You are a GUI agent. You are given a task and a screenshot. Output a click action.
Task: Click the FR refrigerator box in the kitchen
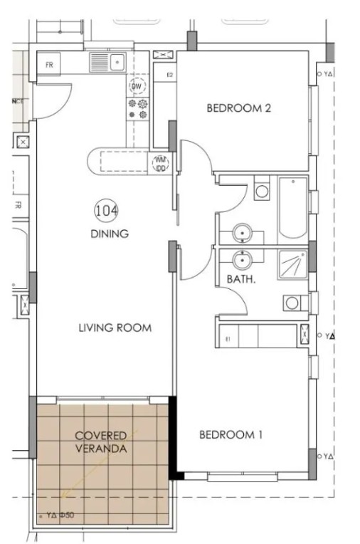49,64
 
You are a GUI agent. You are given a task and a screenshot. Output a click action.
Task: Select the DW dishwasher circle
137,86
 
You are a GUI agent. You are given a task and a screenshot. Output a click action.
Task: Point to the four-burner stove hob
137,108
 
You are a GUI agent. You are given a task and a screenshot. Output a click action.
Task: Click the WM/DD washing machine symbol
160,164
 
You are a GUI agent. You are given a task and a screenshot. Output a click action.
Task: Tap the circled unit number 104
106,210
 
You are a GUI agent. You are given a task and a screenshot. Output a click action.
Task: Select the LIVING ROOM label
115,328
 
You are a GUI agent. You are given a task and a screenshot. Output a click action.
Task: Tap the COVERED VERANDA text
101,441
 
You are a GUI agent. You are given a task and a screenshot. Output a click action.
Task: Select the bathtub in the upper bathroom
292,209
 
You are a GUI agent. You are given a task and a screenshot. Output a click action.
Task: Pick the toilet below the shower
292,303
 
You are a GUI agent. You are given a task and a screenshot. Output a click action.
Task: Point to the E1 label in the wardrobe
228,339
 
